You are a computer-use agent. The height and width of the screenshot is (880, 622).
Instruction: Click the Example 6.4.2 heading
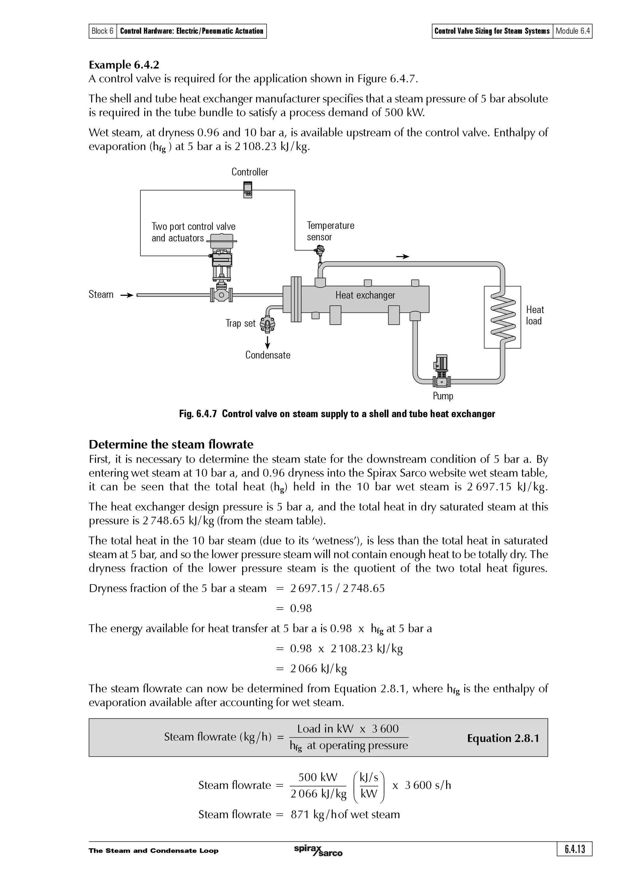(124, 64)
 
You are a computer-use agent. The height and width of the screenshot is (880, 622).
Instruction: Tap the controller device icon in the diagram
(248, 189)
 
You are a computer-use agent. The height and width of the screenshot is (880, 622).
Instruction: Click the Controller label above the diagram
(249, 172)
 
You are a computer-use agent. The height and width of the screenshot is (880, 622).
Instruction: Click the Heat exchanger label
(365, 295)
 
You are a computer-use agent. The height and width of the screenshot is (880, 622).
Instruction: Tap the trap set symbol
(268, 324)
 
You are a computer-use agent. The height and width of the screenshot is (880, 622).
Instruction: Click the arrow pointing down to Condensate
(268, 342)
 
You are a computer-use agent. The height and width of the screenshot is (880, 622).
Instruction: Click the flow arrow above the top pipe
(402, 256)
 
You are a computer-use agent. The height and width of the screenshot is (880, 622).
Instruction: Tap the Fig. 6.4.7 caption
(337, 414)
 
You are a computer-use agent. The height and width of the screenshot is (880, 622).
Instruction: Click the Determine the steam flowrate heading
(171, 444)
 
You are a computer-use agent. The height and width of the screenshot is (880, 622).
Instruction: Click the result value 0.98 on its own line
(301, 608)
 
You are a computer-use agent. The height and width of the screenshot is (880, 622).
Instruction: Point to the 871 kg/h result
(345, 814)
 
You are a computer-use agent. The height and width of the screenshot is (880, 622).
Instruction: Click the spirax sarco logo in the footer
(318, 851)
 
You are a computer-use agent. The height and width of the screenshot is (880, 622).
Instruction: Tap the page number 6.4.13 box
(575, 849)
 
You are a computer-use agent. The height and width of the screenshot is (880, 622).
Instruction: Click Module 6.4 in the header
(572, 31)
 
